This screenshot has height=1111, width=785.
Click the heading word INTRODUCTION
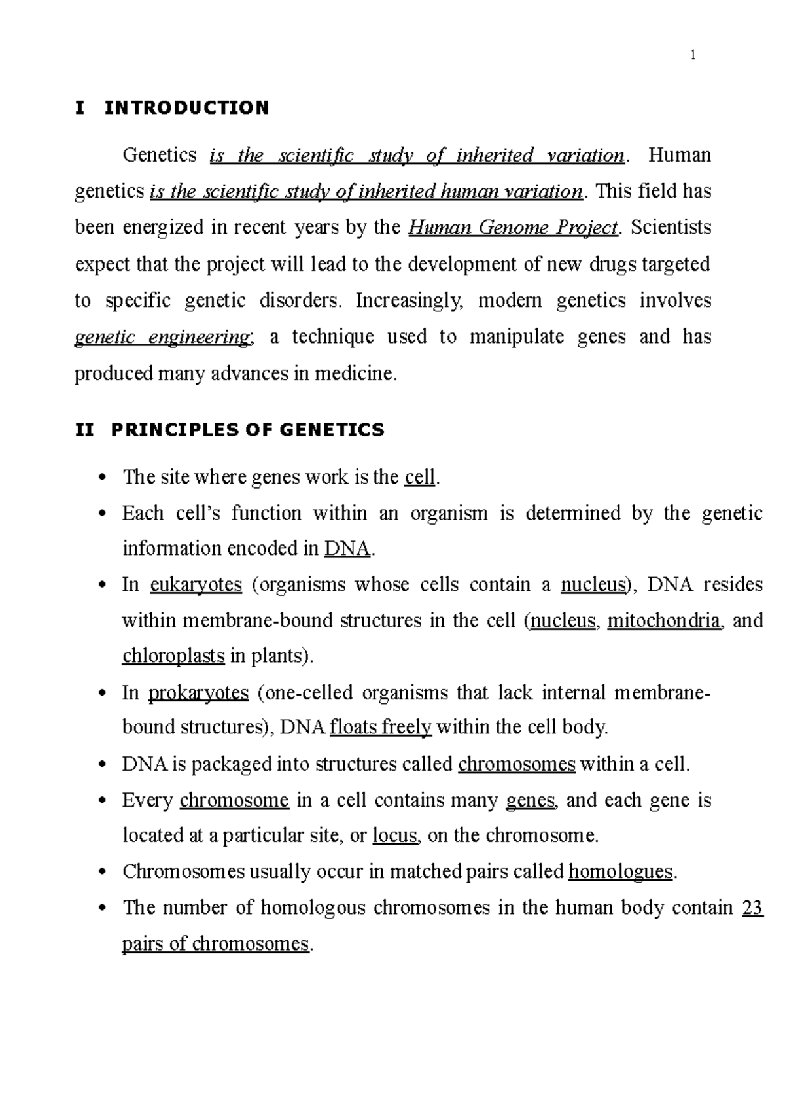186,108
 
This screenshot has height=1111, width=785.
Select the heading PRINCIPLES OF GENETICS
248,430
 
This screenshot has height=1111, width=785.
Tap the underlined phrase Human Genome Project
512,228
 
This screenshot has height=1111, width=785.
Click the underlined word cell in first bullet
419,478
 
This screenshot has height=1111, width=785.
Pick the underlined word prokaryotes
199,692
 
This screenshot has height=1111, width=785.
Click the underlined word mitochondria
664,620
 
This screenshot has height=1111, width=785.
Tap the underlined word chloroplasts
173,656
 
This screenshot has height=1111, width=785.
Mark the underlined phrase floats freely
381,728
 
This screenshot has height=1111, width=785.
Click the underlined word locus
394,836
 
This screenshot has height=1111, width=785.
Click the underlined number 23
753,908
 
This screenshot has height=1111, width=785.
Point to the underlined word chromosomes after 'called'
517,764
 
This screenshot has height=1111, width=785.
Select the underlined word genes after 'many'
531,800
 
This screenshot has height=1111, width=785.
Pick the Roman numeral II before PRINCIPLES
85,430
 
